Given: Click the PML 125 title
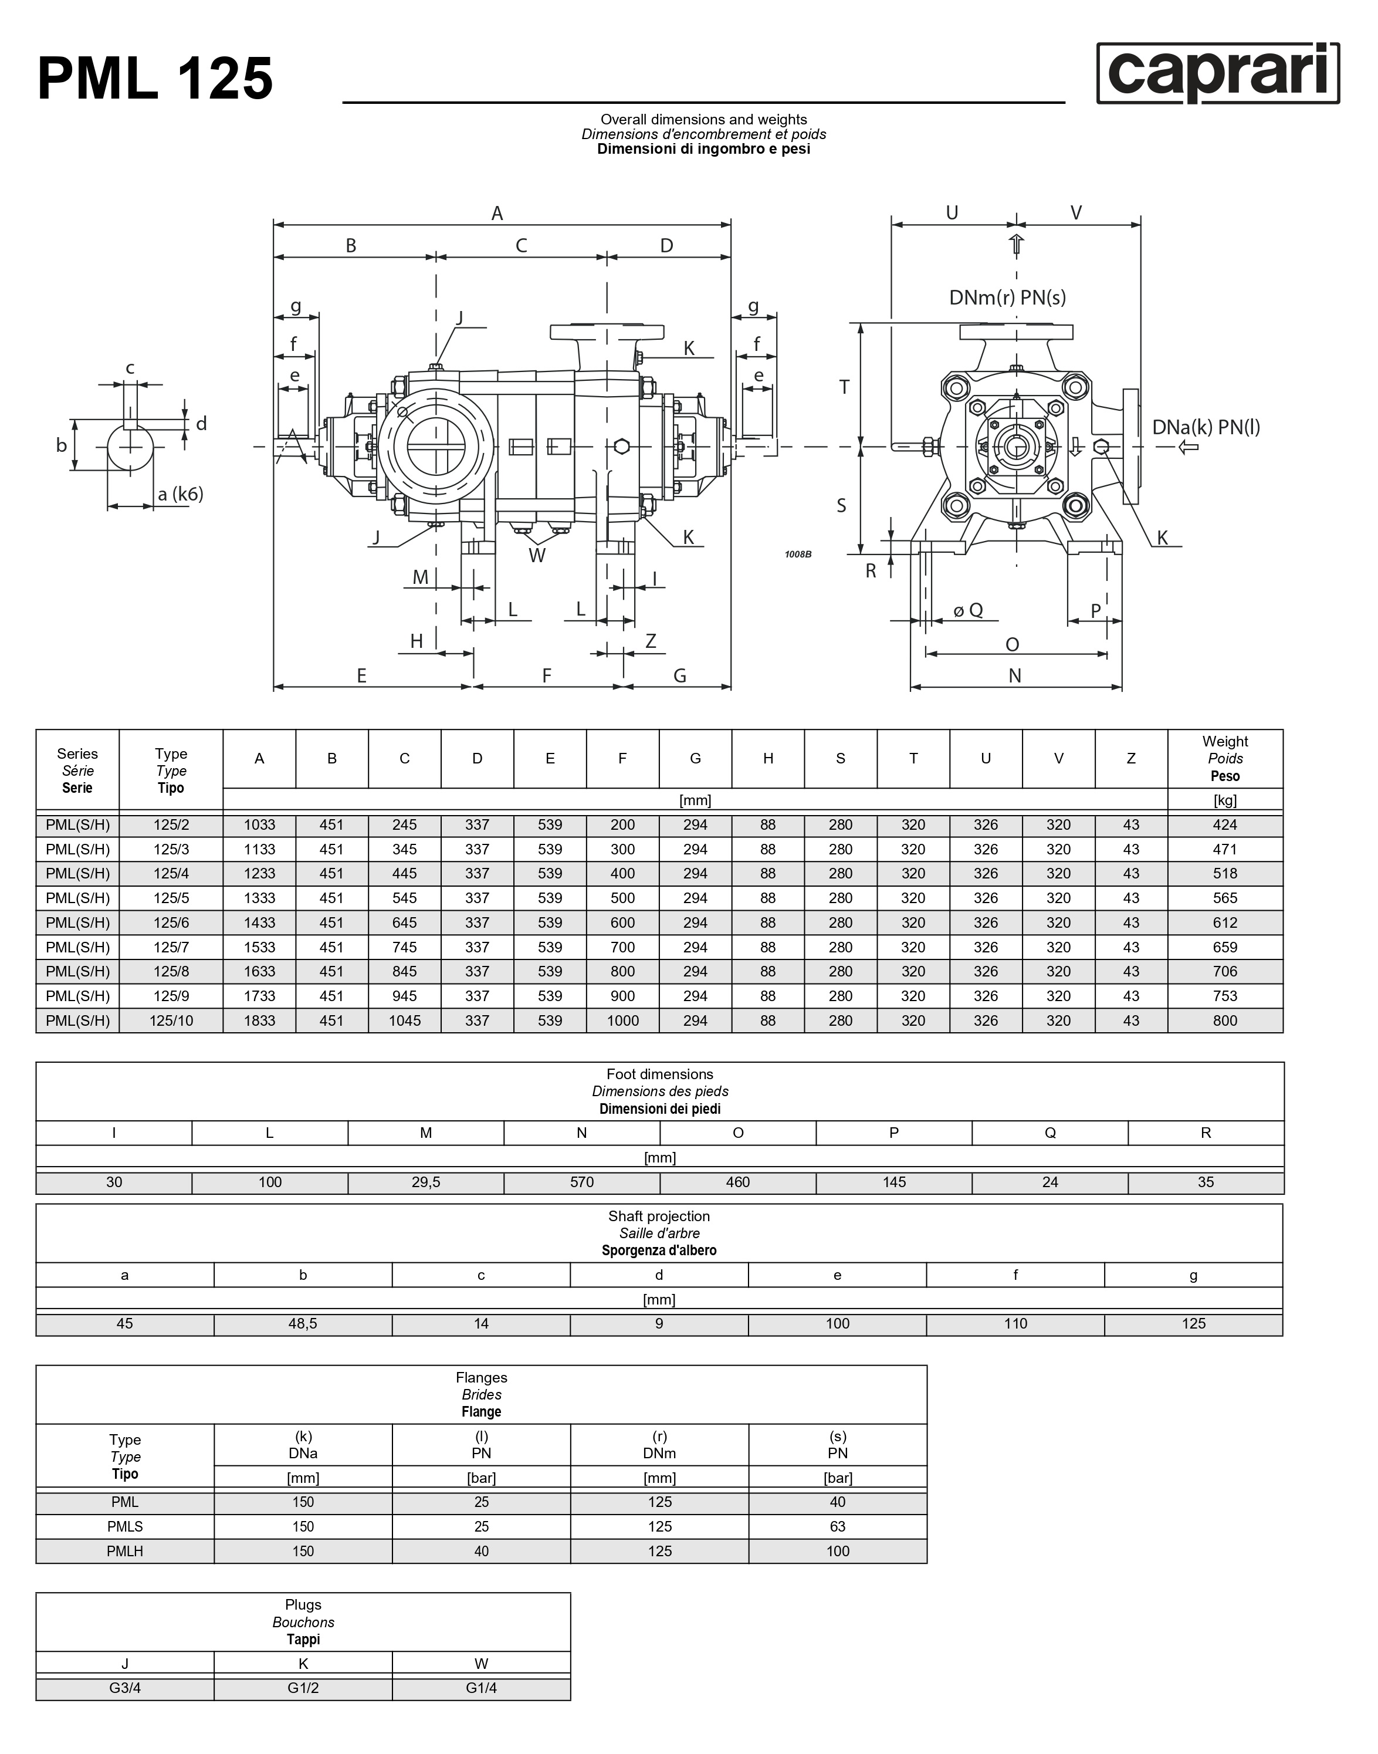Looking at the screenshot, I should point(155,79).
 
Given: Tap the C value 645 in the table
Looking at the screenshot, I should point(404,922).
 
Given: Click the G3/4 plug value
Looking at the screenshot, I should point(125,1688).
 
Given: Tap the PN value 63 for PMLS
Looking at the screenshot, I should point(838,1526).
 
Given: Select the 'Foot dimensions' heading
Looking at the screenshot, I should point(659,1074).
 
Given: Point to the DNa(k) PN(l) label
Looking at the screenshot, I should point(1206,427).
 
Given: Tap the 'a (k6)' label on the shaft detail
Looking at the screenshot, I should point(180,494).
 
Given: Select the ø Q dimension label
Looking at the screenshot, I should point(967,610).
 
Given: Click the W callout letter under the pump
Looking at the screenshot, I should point(537,555).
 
